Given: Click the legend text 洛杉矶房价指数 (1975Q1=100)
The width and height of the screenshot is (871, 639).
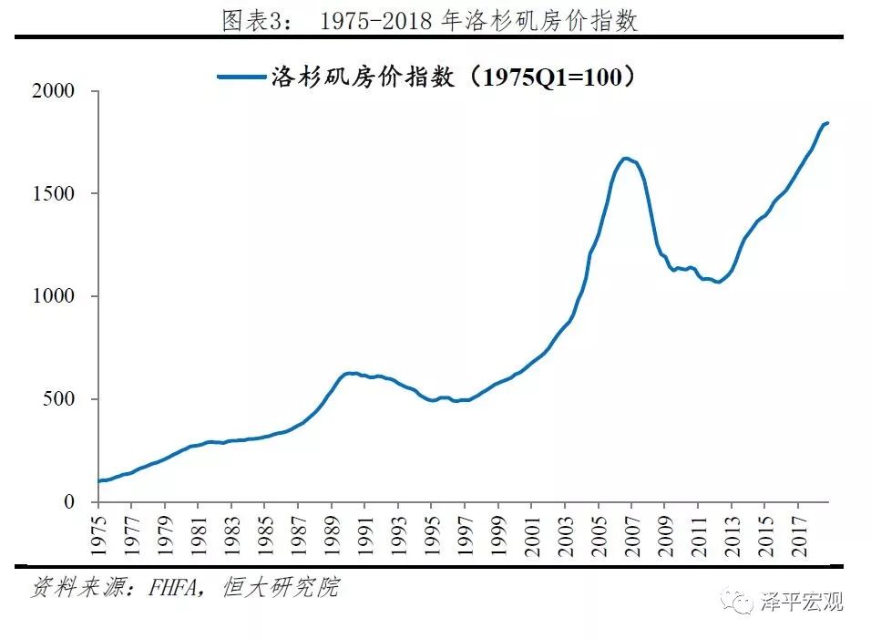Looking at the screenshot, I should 453,77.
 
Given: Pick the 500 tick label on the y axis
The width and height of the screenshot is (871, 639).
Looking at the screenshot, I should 63,399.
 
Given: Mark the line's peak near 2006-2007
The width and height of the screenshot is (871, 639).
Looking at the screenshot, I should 625,159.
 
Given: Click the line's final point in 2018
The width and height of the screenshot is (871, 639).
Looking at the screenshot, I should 827,123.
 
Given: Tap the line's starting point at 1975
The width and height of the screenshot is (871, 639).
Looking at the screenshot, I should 98,480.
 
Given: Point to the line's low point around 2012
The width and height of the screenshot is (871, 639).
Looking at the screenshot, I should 719,282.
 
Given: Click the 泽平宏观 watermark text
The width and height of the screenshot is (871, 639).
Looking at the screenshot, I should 801,602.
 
